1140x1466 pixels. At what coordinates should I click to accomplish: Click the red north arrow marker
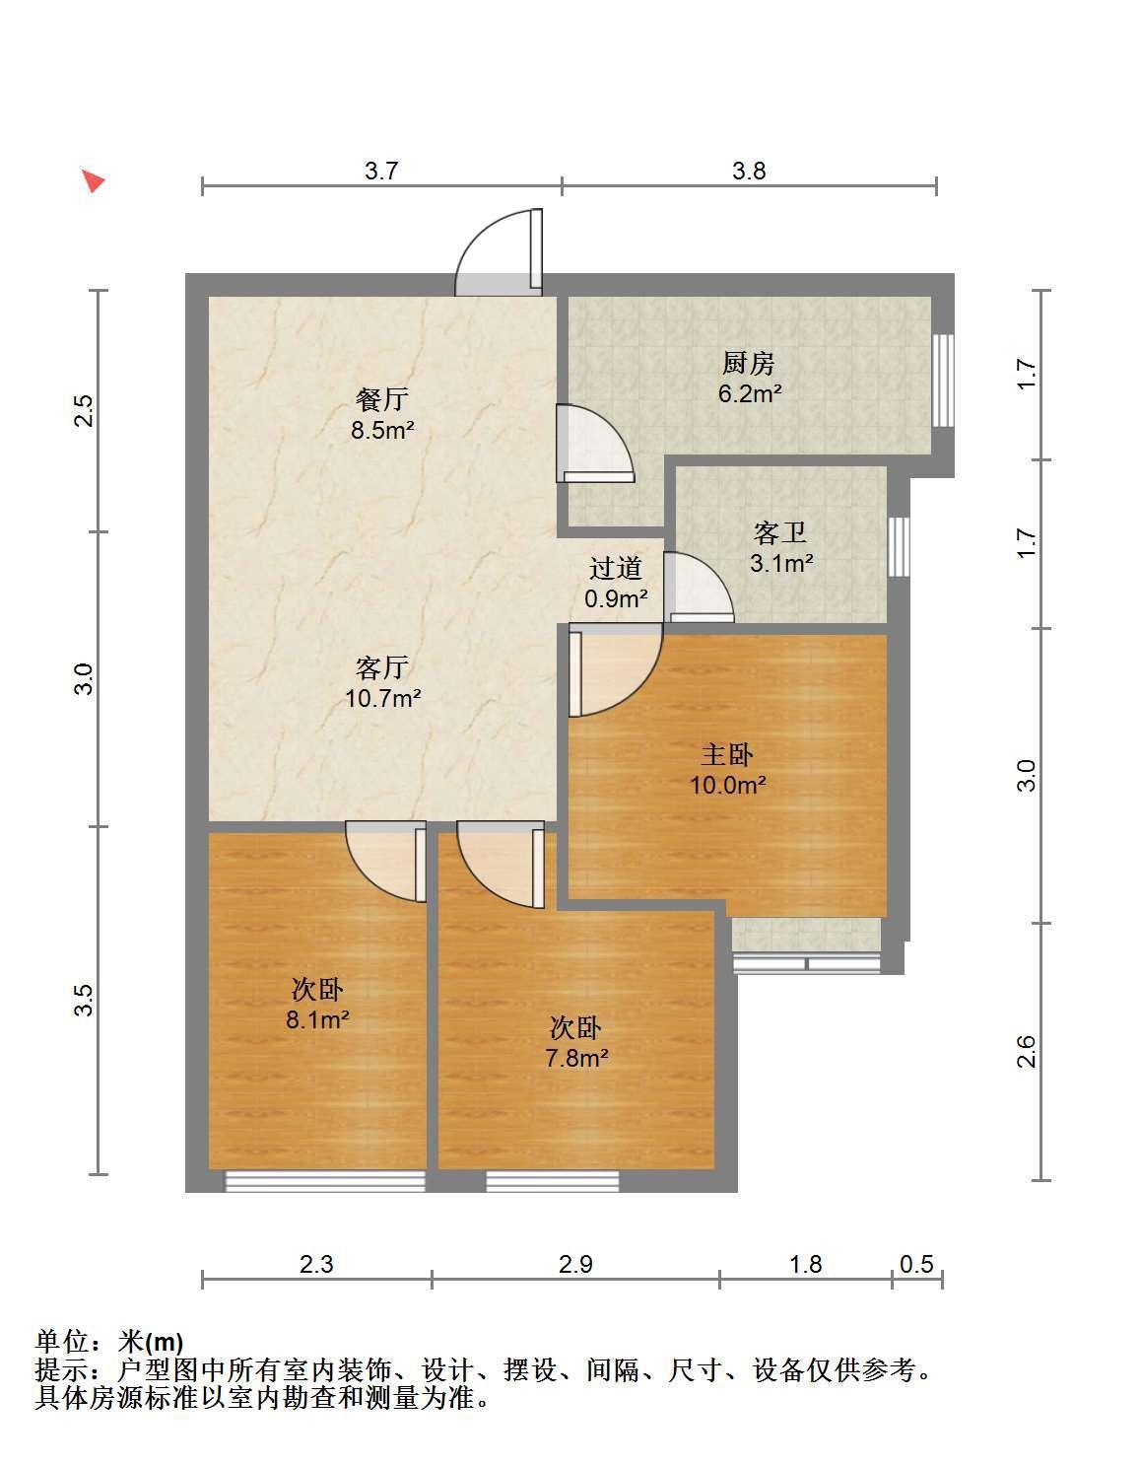[94, 180]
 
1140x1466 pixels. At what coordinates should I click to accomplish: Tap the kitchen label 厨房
[748, 364]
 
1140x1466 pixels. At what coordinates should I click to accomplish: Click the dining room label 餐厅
[381, 399]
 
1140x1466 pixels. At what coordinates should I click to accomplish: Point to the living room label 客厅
[381, 667]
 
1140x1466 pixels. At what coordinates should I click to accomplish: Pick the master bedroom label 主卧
[727, 755]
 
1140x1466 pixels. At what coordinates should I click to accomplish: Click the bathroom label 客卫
[780, 533]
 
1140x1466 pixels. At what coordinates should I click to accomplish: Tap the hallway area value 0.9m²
[616, 598]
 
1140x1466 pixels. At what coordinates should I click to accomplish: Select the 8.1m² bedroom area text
[317, 1018]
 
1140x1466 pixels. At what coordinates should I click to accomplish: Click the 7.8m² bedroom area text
[577, 1057]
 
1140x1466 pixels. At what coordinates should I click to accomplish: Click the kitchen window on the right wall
[944, 381]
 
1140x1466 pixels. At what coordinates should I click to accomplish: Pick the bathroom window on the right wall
[899, 546]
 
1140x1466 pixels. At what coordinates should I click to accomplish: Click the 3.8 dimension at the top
[749, 171]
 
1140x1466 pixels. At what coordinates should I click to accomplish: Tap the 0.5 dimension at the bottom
[917, 1264]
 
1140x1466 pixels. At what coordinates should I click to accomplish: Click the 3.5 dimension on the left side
[84, 1000]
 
